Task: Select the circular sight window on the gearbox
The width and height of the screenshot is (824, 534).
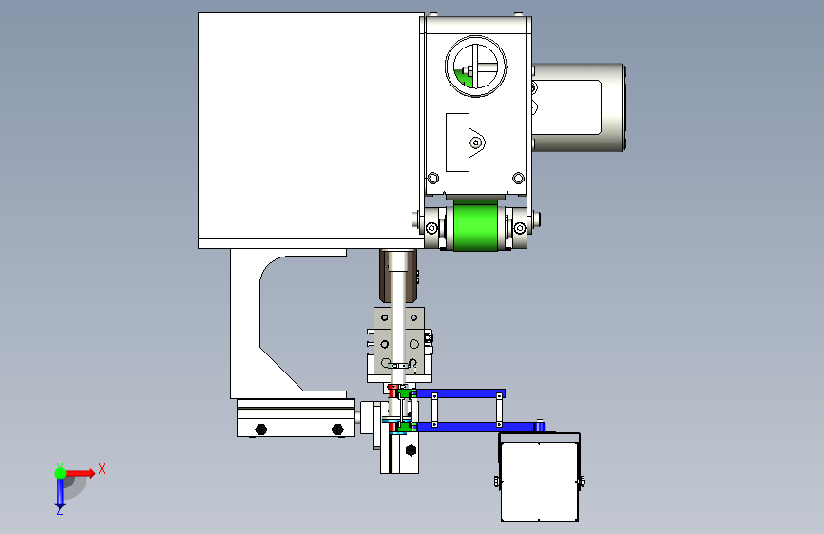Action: [475, 67]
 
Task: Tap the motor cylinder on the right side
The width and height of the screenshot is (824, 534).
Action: [578, 107]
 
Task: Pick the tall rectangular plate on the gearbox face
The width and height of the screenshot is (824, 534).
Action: [457, 142]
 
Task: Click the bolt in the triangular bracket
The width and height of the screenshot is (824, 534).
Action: [476, 143]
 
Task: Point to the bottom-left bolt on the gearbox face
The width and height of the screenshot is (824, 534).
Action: [433, 179]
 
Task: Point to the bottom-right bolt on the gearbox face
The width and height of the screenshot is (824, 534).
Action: [518, 179]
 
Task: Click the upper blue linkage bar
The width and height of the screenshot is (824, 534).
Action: [460, 393]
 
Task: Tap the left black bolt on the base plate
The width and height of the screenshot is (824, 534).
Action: [260, 429]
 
